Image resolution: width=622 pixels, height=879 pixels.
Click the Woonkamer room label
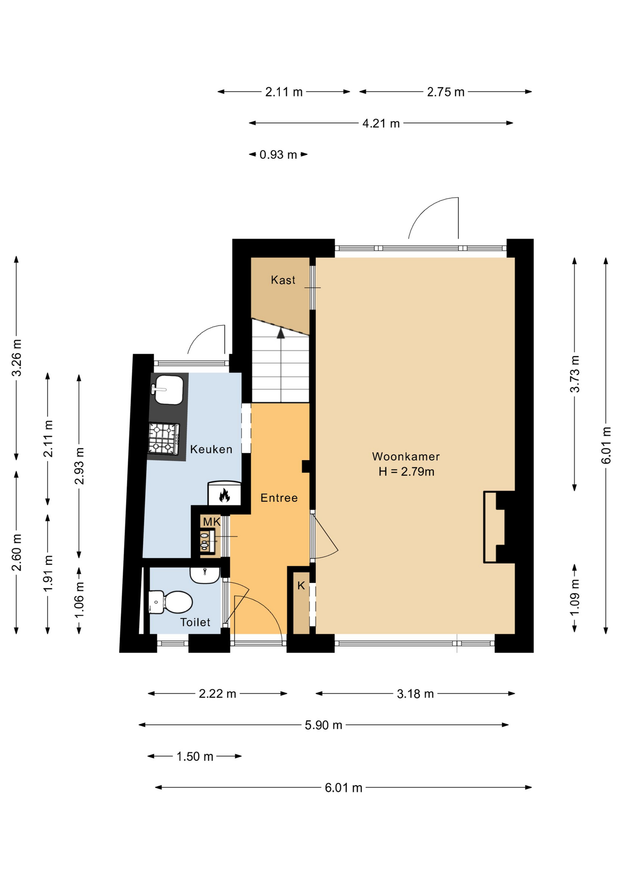tap(405, 456)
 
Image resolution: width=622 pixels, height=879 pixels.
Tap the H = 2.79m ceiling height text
tap(406, 472)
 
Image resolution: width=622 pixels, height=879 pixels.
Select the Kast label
tap(283, 280)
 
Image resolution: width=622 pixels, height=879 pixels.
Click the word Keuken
tap(211, 449)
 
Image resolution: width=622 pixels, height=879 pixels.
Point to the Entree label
tap(279, 498)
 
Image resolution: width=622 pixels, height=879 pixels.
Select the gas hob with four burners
tap(164, 439)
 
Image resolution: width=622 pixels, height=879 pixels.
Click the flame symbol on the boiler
tap(224, 495)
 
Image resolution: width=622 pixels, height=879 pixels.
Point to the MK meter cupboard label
tap(212, 522)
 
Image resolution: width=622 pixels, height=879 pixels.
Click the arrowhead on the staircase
tap(281, 333)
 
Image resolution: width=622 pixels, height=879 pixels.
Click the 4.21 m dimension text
tap(381, 123)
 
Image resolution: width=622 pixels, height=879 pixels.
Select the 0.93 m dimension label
tap(278, 155)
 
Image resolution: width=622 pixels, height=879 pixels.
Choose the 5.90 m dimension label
tap(323, 725)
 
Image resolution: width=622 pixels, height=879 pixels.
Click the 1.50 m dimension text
tap(195, 756)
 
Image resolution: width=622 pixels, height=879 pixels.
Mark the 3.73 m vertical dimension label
tap(574, 374)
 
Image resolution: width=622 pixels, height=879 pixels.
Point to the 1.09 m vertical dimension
tap(574, 598)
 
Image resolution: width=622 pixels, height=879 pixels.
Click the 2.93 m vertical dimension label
tap(79, 466)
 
